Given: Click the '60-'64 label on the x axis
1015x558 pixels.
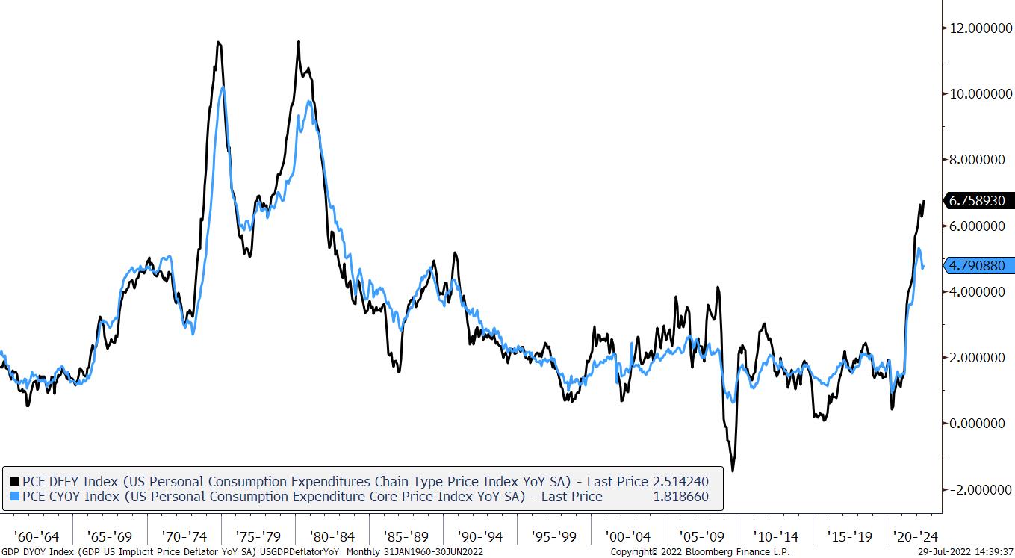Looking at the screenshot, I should click(36, 536).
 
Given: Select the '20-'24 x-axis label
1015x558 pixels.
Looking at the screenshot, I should click(916, 536).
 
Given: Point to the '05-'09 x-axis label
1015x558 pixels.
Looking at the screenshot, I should click(701, 536).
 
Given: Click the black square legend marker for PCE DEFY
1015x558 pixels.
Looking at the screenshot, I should click(14, 482).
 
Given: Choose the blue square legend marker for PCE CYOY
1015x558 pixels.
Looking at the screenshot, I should click(14, 497).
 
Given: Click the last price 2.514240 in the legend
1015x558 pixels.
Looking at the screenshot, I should click(680, 482).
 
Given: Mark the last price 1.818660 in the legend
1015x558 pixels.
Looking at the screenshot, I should click(680, 497).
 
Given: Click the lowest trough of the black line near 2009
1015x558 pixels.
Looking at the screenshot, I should click(733, 471).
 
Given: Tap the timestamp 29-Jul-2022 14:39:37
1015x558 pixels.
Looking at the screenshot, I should click(965, 552).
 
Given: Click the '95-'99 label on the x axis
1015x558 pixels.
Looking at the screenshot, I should click(553, 536).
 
